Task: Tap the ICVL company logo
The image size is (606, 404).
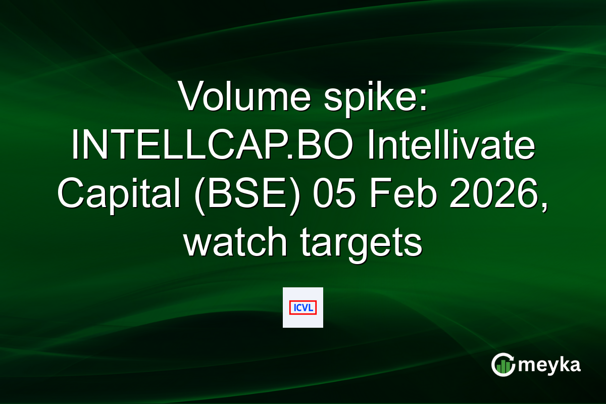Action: [303, 308]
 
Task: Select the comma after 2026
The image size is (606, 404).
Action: [544, 205]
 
